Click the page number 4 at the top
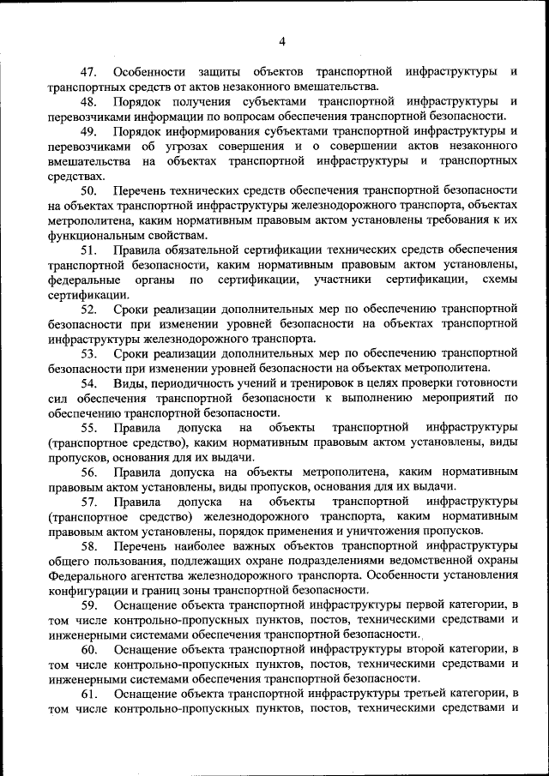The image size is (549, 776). point(282,40)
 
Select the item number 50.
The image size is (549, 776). point(88,189)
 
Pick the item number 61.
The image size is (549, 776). point(88,693)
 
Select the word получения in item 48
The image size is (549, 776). point(195,101)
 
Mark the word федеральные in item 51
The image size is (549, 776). point(84,279)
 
